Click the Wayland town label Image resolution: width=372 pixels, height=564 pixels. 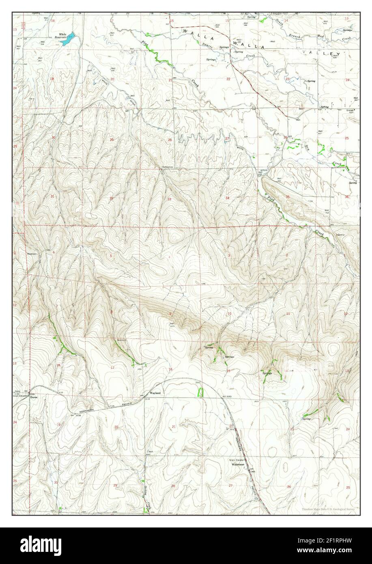click(x=155, y=394)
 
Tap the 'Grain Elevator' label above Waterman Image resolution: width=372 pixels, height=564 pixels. click(x=236, y=460)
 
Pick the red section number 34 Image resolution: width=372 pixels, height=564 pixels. click(x=228, y=198)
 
